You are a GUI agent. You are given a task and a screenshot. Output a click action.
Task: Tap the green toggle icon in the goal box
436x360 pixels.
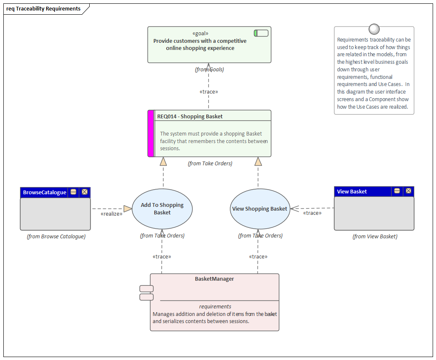261,33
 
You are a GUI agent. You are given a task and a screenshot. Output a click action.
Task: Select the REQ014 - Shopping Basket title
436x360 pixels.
190,116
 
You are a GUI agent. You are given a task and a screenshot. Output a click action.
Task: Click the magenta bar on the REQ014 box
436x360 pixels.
151,133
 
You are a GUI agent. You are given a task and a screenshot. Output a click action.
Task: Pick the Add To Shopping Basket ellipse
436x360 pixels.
162,209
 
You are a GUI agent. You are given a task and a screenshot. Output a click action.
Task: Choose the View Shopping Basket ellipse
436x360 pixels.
260,209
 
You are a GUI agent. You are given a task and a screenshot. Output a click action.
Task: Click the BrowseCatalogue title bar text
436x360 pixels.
44,192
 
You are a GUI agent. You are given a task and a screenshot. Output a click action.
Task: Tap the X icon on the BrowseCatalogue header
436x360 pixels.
85,192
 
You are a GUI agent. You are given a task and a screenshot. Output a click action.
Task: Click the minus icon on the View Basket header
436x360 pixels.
397,191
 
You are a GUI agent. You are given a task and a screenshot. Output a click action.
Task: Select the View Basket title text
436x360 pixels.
352,191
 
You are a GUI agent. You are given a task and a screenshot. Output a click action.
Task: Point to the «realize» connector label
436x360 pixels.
112,214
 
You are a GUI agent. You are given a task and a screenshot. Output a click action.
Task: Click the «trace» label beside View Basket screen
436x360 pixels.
312,213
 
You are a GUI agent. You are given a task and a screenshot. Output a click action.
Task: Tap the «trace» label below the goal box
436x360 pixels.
208,91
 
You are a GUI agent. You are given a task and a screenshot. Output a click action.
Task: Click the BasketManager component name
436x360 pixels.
214,279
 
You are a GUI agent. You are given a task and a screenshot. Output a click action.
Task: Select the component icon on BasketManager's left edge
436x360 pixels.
146,293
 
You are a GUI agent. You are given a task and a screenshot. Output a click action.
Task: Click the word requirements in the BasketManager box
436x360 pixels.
215,306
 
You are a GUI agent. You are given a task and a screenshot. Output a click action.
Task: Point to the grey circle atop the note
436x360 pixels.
374,29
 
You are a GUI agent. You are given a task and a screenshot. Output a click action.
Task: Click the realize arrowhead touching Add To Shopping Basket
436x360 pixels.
127,209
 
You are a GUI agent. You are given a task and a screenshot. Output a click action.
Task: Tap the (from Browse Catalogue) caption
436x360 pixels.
56,236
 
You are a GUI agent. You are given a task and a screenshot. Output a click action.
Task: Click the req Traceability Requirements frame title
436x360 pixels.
43,8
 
